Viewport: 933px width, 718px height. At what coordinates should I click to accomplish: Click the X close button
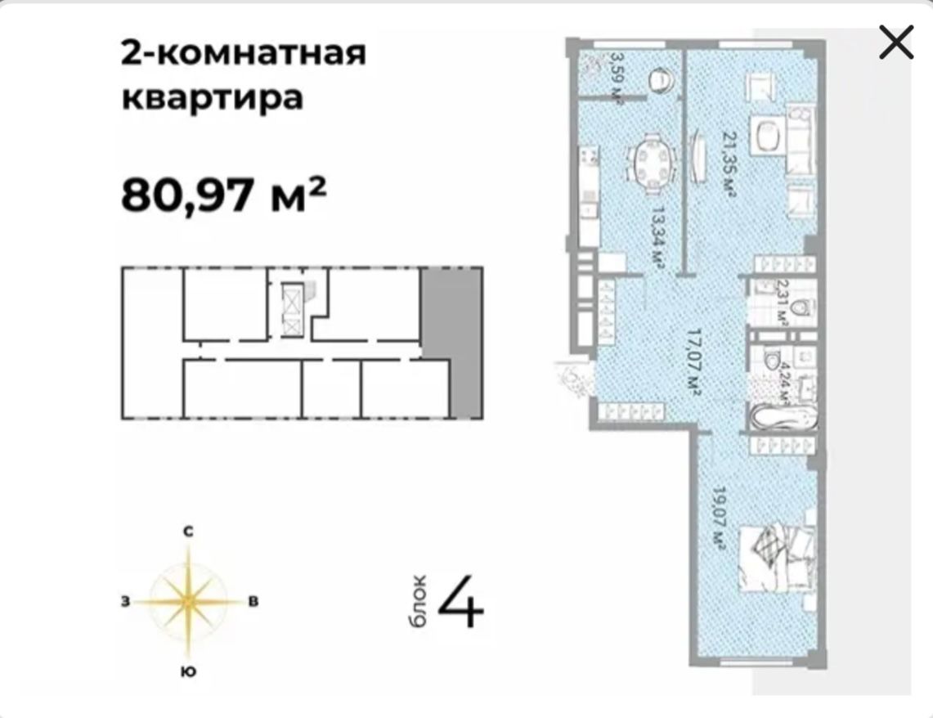(895, 43)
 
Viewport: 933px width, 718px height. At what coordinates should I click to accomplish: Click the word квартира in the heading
(213, 97)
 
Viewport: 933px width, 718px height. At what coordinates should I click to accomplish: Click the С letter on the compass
(188, 532)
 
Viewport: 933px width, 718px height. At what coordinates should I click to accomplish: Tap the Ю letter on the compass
(188, 671)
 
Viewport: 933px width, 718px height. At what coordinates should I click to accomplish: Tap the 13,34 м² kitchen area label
(657, 237)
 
